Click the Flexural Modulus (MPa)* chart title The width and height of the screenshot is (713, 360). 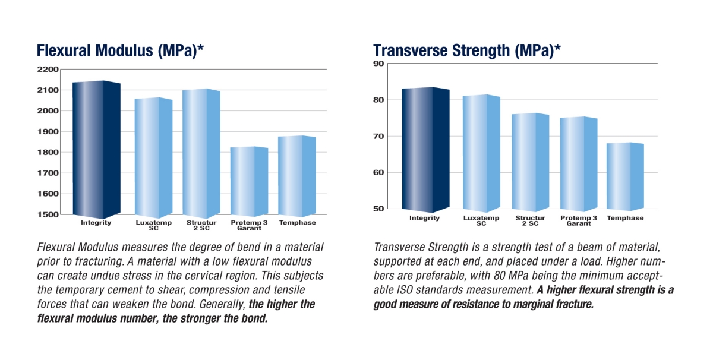click(x=120, y=50)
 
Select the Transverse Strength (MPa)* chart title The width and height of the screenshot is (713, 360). click(x=467, y=50)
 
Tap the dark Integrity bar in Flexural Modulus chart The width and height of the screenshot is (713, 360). click(x=96, y=150)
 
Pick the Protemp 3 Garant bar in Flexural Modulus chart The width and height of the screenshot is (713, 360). click(x=249, y=181)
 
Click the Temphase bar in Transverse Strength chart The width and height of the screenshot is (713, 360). click(x=625, y=176)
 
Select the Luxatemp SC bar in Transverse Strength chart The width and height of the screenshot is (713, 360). click(x=481, y=153)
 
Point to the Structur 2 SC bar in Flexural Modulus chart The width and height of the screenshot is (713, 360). click(x=201, y=153)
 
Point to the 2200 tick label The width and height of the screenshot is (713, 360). click(x=48, y=70)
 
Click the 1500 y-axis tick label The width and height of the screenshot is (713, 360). click(x=48, y=214)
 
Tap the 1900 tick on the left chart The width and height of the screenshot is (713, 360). click(x=48, y=131)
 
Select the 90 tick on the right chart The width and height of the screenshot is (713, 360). click(x=379, y=64)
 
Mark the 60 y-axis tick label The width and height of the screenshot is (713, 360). click(x=379, y=172)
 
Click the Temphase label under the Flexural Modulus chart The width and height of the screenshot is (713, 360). click(x=298, y=223)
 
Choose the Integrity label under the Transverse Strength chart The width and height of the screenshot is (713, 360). click(x=424, y=218)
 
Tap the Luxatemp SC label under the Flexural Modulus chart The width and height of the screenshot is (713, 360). click(x=154, y=225)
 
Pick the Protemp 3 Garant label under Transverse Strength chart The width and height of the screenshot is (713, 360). click(x=579, y=220)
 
